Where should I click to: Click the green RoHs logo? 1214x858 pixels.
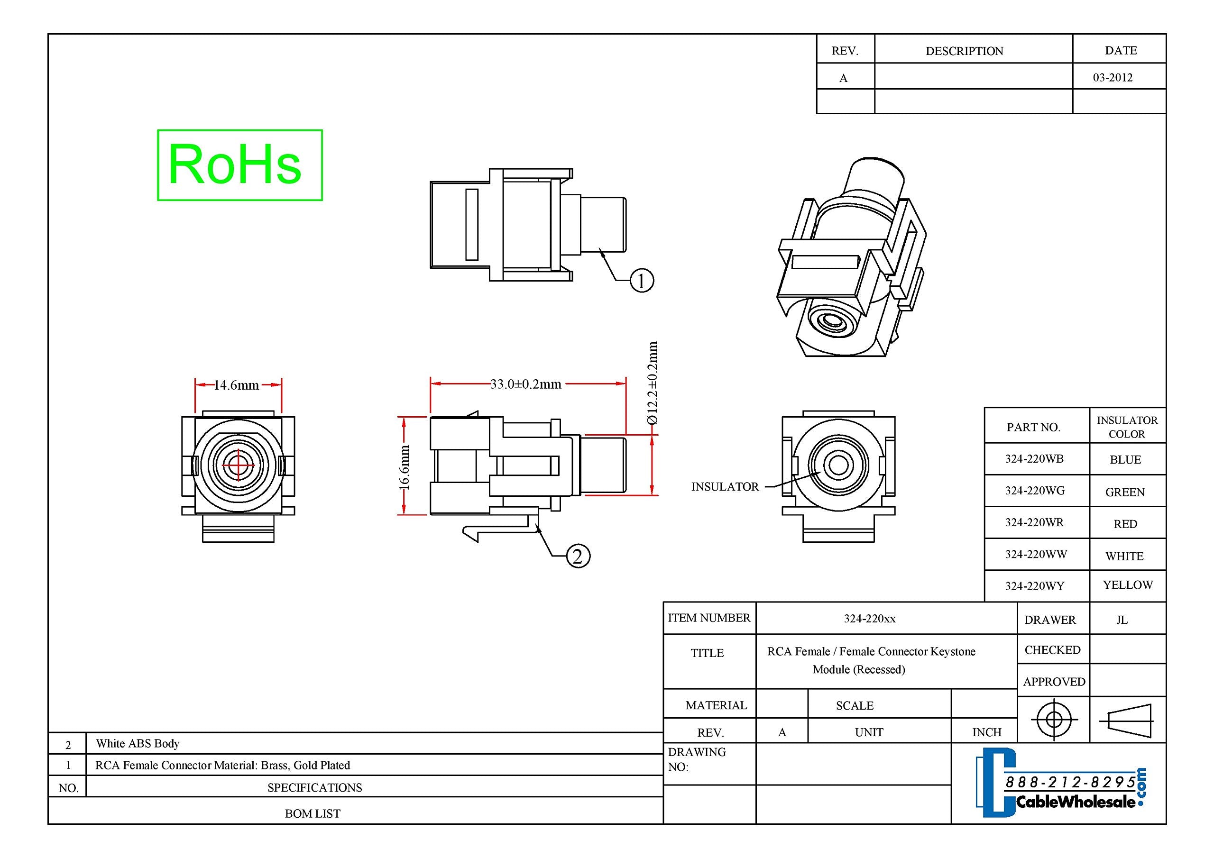pos(239,165)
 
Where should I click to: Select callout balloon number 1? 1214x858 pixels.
pos(641,280)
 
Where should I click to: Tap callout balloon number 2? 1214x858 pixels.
pos(578,556)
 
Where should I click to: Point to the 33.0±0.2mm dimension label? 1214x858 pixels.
pos(525,384)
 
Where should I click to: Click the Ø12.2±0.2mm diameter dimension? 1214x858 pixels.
pos(653,383)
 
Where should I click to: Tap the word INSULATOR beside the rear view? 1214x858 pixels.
pos(725,487)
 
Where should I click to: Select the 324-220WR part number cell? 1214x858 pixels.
pos(1034,522)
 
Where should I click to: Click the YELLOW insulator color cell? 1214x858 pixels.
pos(1127,585)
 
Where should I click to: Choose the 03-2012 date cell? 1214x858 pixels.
pos(1113,78)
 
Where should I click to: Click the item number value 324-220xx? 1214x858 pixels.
pos(869,619)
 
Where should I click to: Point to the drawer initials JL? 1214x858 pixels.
pos(1122,620)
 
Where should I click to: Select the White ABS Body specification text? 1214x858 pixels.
pos(138,743)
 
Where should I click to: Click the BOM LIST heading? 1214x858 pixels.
pos(313,813)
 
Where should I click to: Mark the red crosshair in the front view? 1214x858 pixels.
pos(239,465)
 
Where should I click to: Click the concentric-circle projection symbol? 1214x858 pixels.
pos(1054,720)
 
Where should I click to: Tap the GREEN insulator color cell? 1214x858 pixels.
pos(1125,492)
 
